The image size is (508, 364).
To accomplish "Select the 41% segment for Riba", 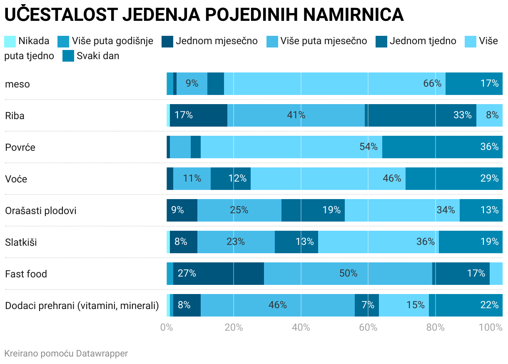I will [296, 115].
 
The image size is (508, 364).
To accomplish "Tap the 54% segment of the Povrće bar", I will [291, 147].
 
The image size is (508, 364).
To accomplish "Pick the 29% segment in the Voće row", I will [454, 178].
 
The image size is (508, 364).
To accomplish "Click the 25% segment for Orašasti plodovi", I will [239, 210].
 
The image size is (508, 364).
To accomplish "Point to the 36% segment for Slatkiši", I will [379, 242].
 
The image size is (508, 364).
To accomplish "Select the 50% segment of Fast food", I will [348, 273].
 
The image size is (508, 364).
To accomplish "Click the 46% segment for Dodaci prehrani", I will [278, 305].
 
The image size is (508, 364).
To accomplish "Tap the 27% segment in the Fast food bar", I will [219, 273].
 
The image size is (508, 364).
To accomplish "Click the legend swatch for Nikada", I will [10, 41].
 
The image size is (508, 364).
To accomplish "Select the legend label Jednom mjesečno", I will [217, 41].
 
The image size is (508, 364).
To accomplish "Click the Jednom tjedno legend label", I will [423, 41].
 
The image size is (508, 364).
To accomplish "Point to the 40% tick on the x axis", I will [301, 327].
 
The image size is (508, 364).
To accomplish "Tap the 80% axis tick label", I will [435, 327].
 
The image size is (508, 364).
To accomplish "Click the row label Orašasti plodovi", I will [41, 210].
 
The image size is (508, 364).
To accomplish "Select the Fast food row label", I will [26, 274].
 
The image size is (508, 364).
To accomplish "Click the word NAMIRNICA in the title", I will [354, 15].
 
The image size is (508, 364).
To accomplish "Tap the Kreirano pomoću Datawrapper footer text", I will [66, 354].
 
